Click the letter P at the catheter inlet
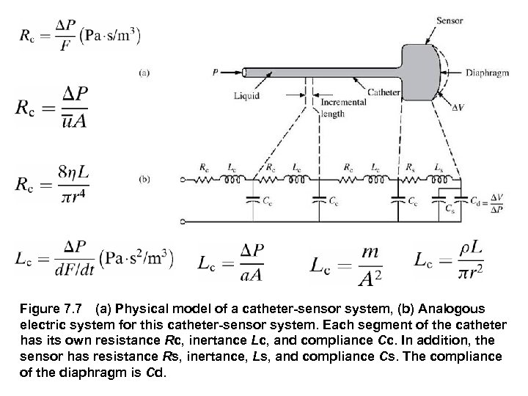(214, 72)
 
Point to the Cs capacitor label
(450, 209)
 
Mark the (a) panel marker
(144, 72)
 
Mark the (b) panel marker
(144, 177)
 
